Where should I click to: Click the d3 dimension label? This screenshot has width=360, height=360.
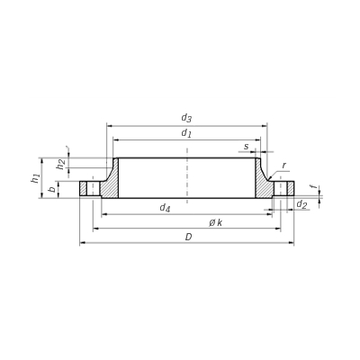(186, 118)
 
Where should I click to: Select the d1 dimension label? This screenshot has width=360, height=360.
(186, 133)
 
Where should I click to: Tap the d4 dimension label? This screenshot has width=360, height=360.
(165, 208)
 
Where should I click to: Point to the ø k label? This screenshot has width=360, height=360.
(216, 222)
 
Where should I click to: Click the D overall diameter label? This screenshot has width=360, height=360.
(188, 237)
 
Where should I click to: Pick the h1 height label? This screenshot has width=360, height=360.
(36, 178)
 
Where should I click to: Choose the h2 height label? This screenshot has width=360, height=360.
(61, 164)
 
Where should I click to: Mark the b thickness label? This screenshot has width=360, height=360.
(52, 190)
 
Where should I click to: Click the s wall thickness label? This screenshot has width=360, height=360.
(247, 147)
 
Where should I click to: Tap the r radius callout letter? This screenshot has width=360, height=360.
(283, 166)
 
